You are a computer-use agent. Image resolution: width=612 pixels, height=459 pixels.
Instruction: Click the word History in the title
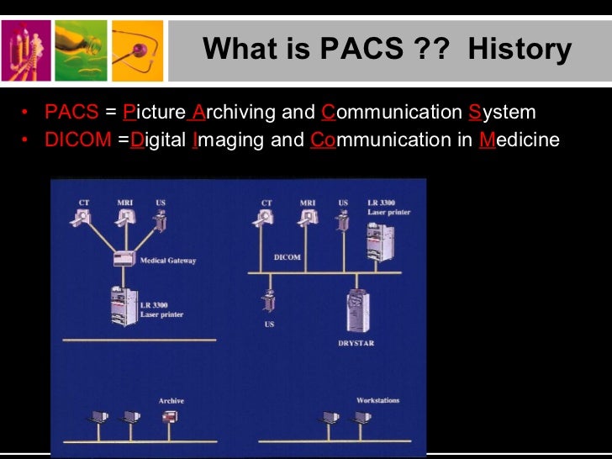(520, 49)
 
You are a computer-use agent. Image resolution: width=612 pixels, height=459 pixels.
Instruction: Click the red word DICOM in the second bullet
(77, 140)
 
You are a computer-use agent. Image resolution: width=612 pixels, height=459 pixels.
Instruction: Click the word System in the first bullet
(502, 113)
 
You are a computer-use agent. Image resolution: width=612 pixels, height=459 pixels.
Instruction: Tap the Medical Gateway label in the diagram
(168, 261)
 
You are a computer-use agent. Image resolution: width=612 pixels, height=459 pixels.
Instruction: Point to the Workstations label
(377, 401)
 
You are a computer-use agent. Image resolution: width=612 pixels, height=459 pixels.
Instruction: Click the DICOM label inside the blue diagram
(288, 257)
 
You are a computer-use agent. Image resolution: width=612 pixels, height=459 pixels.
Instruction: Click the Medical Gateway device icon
(124, 259)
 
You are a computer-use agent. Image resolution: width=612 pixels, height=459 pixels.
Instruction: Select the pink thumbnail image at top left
(25, 50)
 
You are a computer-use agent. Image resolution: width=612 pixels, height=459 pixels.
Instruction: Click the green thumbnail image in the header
(81, 50)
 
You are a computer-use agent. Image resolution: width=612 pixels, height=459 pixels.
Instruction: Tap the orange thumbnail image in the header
(137, 50)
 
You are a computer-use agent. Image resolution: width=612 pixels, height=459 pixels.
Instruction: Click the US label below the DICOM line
(269, 324)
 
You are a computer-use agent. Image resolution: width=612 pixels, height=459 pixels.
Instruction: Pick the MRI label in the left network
(123, 203)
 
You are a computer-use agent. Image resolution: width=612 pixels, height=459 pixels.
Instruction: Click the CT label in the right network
(266, 203)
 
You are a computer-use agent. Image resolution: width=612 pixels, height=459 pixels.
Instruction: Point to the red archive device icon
(171, 418)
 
